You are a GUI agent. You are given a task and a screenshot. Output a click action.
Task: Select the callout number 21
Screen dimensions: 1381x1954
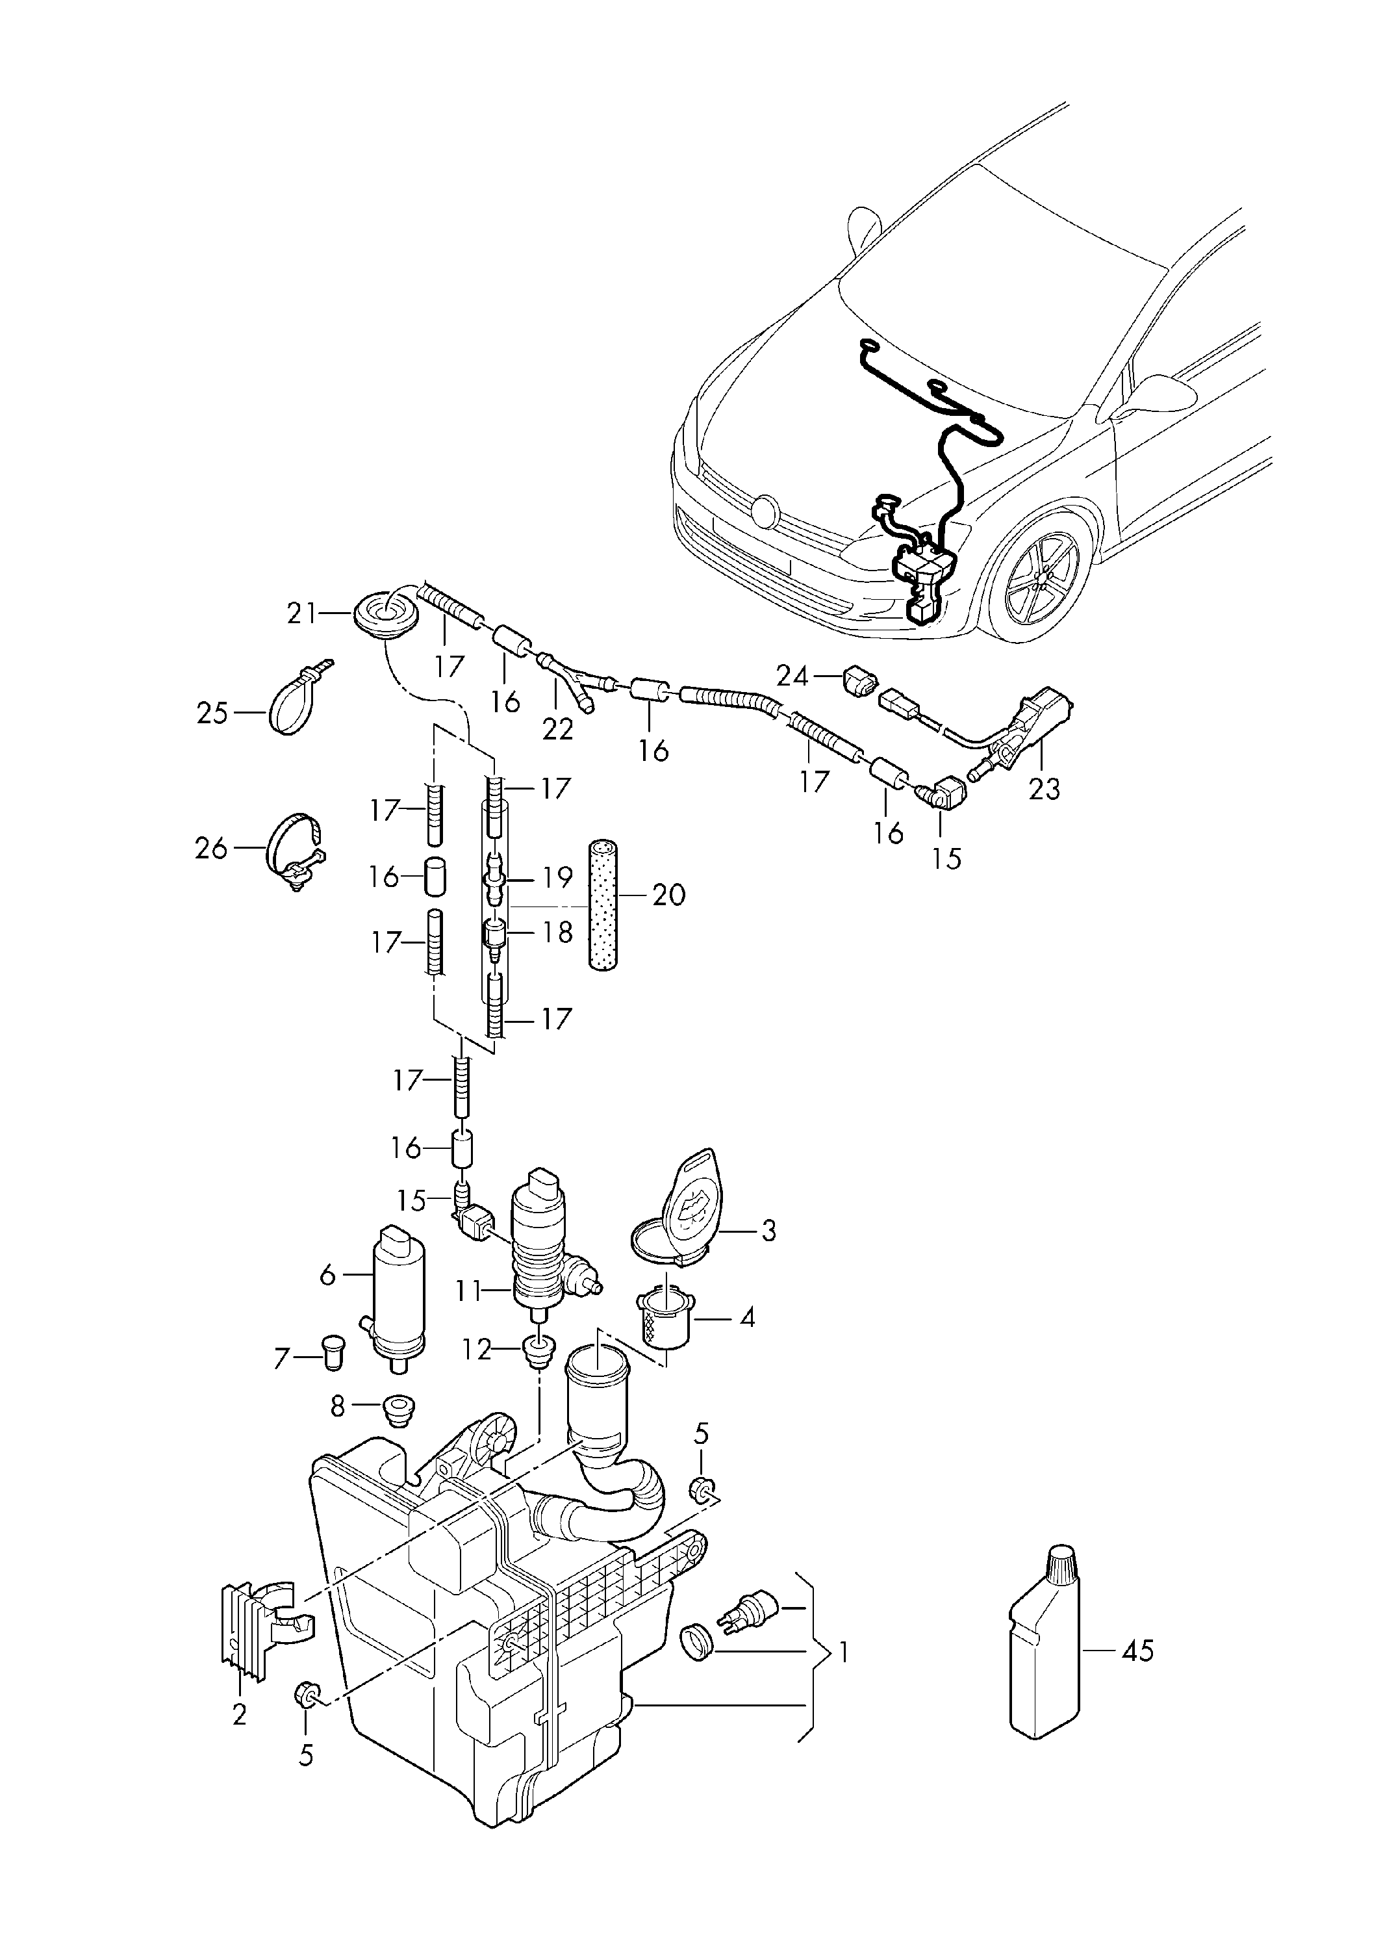click(x=302, y=613)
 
